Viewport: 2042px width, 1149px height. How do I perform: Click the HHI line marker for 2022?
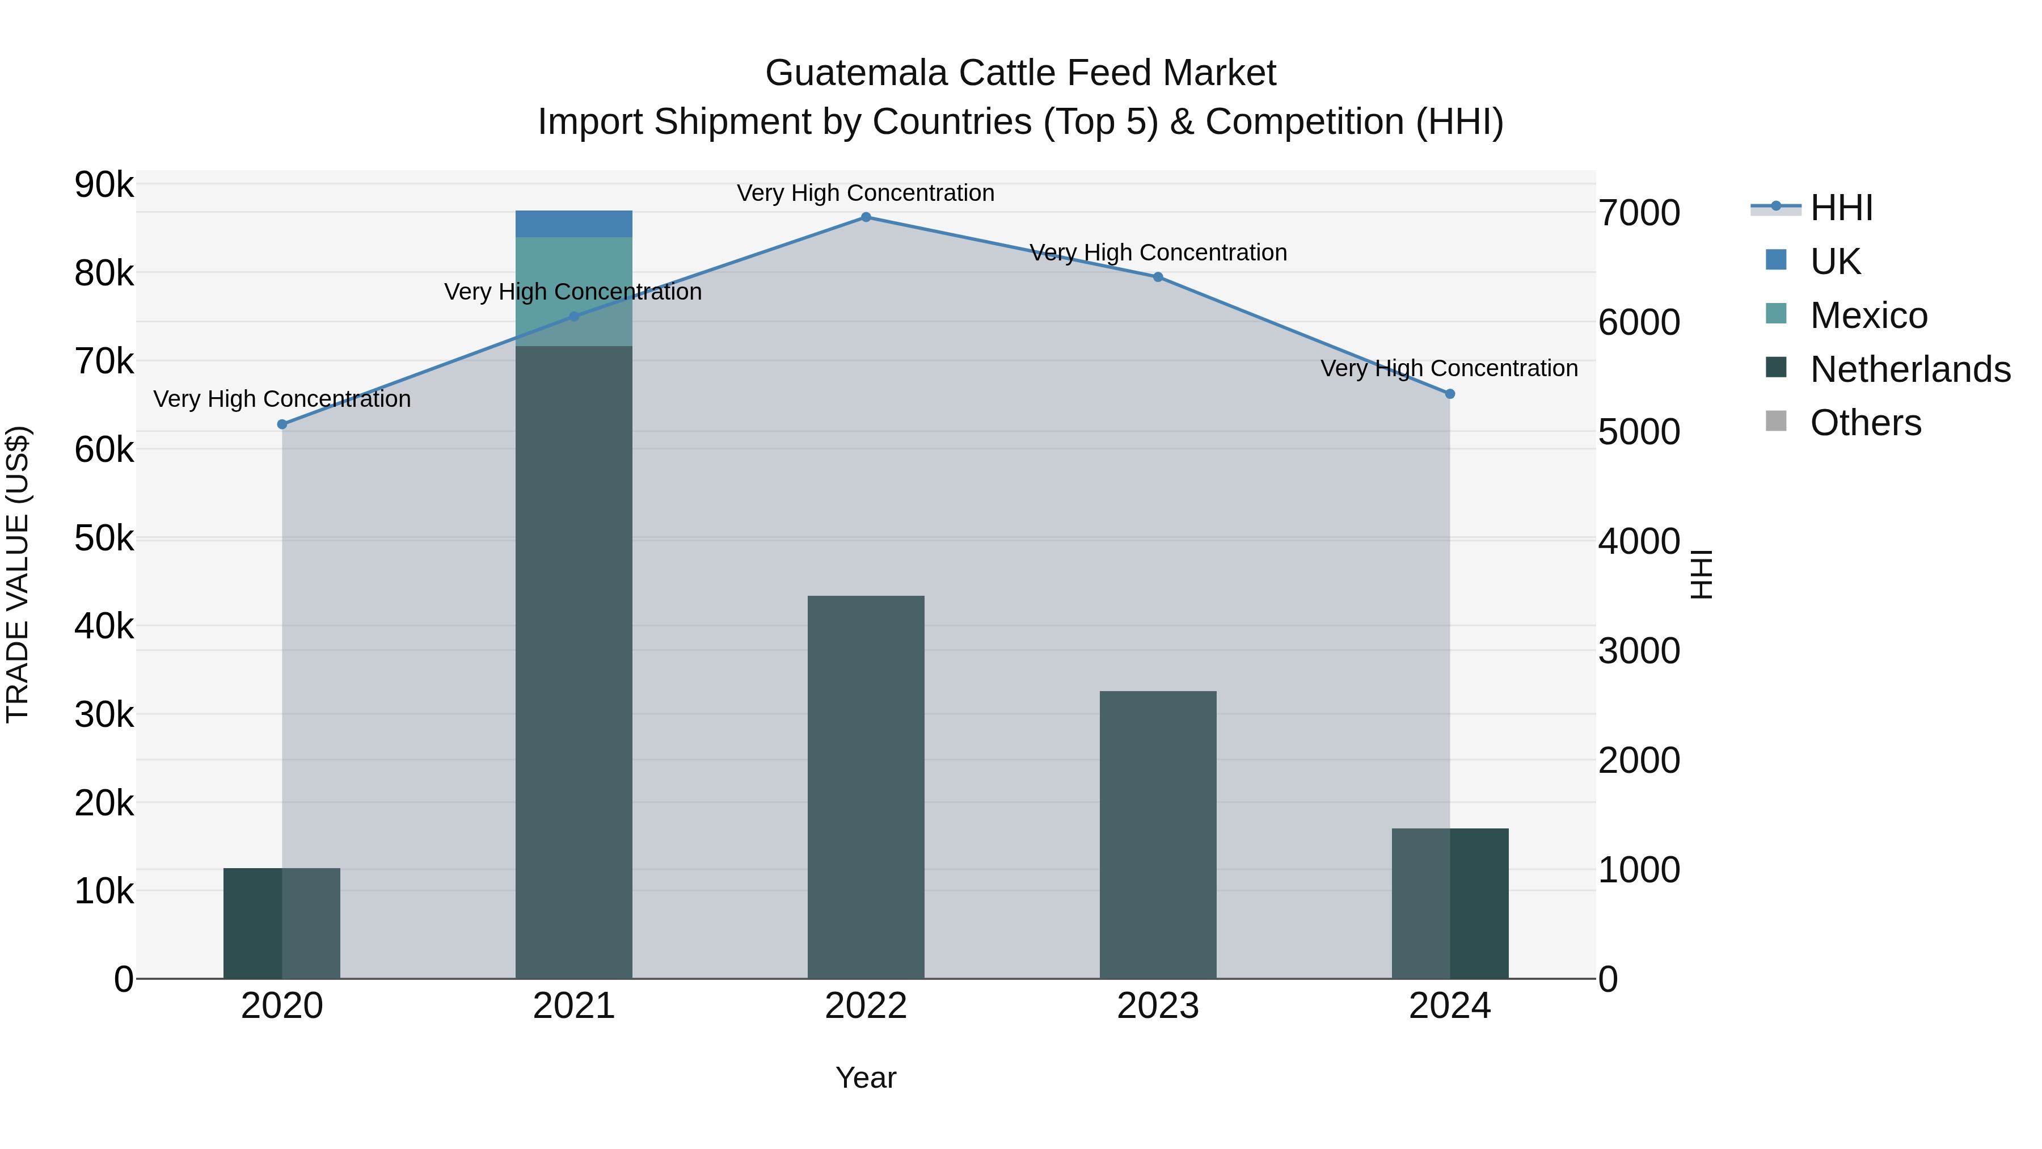(866, 217)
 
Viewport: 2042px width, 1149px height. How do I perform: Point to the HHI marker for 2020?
(282, 424)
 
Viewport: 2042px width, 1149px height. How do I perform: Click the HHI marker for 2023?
(1157, 277)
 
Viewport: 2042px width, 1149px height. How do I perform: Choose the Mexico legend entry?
(1868, 315)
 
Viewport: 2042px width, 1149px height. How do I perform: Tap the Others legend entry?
(1865, 423)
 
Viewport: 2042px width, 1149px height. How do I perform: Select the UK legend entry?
(1834, 262)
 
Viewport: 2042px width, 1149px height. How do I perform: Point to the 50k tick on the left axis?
(104, 539)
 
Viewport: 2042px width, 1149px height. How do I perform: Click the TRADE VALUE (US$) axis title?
(18, 574)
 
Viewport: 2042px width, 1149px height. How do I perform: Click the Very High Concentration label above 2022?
(866, 193)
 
